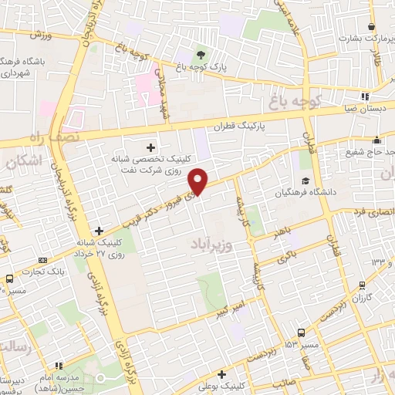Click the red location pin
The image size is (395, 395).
(x=200, y=181)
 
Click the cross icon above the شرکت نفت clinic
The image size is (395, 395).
(x=150, y=147)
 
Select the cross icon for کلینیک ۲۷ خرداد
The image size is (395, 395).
(x=99, y=230)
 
